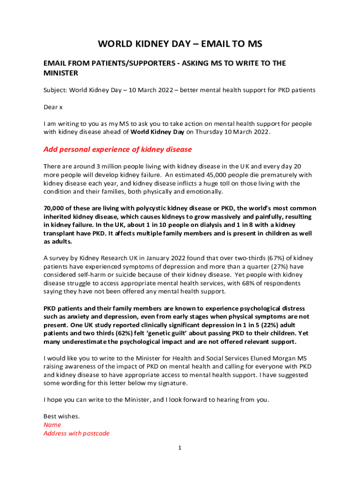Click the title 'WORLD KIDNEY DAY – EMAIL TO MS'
pos(180,44)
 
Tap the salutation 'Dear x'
pos(53,107)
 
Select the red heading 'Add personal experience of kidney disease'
pos(117,150)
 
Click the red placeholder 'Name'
pos(52,425)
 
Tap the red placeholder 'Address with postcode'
pos(76,433)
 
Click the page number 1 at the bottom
pos(180,448)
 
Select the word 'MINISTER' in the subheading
pos(61,73)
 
